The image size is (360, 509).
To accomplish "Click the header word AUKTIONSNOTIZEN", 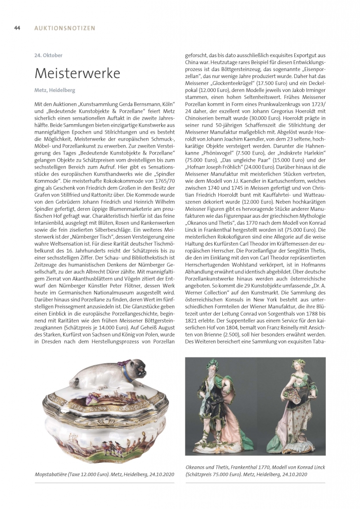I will (x=65, y=28).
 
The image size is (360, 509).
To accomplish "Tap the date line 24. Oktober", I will (x=49, y=55).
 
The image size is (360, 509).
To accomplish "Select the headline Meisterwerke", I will (x=77, y=74).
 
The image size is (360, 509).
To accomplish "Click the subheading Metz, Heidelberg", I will (x=55, y=91).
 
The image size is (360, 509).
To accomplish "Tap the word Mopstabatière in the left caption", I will (x=52, y=475).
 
